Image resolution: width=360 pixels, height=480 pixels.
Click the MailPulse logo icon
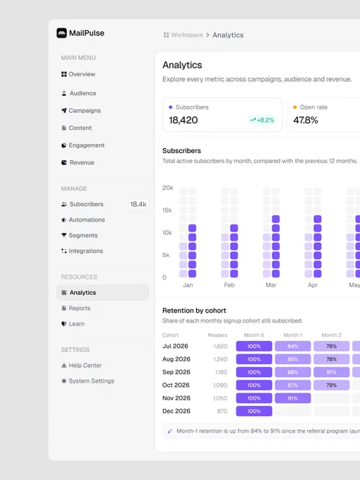click(x=61, y=33)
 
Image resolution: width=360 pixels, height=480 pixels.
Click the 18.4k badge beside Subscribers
click(x=138, y=204)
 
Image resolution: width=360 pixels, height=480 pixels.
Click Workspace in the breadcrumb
click(x=187, y=35)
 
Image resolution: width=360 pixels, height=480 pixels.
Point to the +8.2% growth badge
click(x=262, y=120)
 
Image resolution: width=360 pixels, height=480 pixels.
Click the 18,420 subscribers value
click(x=184, y=120)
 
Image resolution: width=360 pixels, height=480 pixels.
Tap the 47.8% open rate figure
click(x=306, y=120)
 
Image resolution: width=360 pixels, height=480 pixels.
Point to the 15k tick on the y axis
click(x=167, y=210)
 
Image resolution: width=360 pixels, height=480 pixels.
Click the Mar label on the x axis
click(x=271, y=285)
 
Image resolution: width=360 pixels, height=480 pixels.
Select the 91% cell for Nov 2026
click(x=293, y=398)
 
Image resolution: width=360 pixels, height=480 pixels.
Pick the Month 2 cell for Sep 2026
click(x=332, y=372)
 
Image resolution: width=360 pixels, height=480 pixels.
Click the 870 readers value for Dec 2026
click(x=222, y=411)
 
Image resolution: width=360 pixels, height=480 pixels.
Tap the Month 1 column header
click(x=293, y=335)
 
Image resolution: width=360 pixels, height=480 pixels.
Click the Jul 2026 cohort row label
click(x=175, y=346)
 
